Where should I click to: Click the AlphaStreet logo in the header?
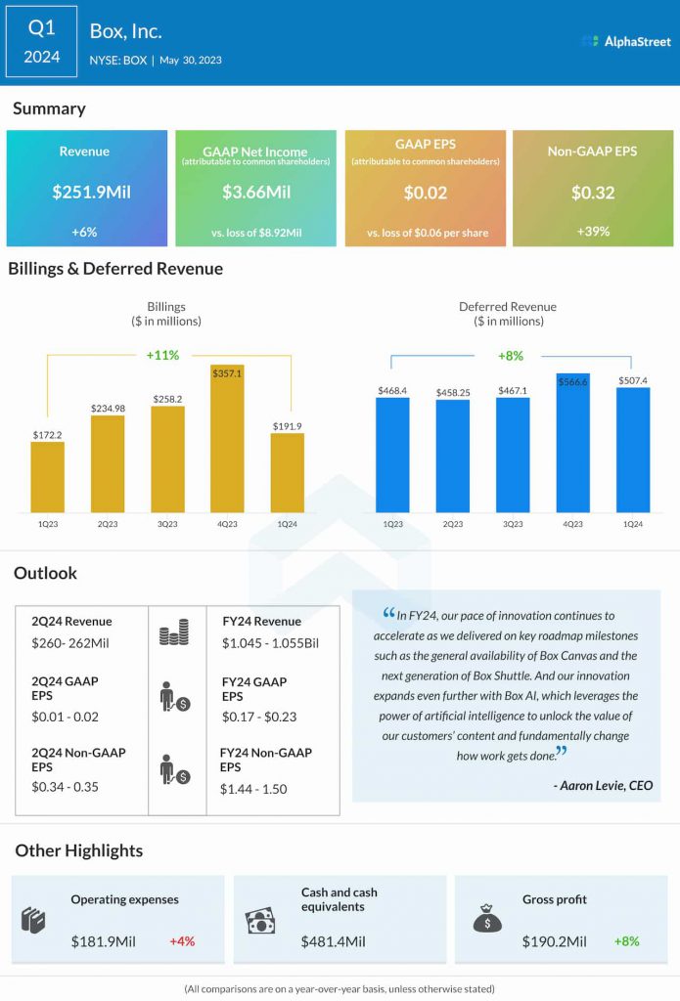[626, 42]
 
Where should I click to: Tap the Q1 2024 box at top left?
[41, 41]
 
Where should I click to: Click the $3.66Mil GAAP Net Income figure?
[256, 193]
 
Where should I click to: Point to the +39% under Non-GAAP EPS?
[593, 232]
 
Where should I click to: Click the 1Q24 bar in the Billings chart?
[288, 473]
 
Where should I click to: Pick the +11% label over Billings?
[162, 355]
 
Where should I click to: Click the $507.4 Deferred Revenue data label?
[633, 379]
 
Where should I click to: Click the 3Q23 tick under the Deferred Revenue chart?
[513, 524]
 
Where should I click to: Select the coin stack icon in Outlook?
[173, 634]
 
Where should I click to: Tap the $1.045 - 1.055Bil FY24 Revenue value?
[269, 643]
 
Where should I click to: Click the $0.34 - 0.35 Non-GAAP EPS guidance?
[65, 787]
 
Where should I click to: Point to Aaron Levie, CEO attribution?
[602, 785]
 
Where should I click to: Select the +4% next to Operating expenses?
[182, 941]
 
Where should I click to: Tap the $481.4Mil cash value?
[334, 941]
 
